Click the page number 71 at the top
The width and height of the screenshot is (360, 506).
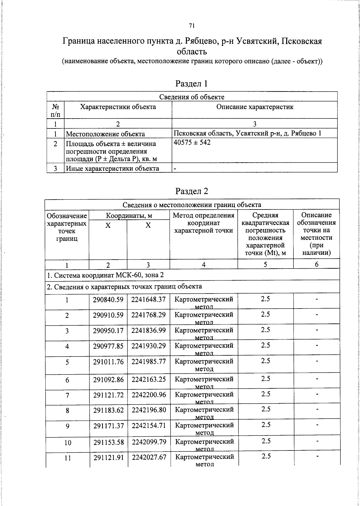pyautogui.click(x=192, y=26)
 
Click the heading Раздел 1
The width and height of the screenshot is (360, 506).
pyautogui.click(x=192, y=83)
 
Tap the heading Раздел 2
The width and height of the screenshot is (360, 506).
pyautogui.click(x=192, y=191)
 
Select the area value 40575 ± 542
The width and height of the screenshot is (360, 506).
pyautogui.click(x=192, y=142)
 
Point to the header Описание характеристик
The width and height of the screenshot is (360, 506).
pyautogui.click(x=255, y=107)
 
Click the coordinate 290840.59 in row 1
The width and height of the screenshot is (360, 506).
pyautogui.click(x=108, y=300)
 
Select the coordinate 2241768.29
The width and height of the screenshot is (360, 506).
pyautogui.click(x=148, y=315)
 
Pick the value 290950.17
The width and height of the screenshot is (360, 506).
pyautogui.click(x=108, y=330)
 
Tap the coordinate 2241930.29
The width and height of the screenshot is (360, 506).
pyautogui.click(x=148, y=346)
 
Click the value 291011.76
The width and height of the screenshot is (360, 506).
pyautogui.click(x=108, y=362)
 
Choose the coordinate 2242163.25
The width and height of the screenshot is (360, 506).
pyautogui.click(x=149, y=379)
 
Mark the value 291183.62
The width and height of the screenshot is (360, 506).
pyautogui.click(x=109, y=410)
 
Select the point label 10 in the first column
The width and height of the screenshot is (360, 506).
pyautogui.click(x=68, y=443)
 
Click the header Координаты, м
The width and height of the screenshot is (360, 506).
pyautogui.click(x=129, y=215)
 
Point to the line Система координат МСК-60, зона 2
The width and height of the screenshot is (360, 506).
pyautogui.click(x=105, y=275)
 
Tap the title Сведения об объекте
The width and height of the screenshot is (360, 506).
pyautogui.click(x=192, y=97)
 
